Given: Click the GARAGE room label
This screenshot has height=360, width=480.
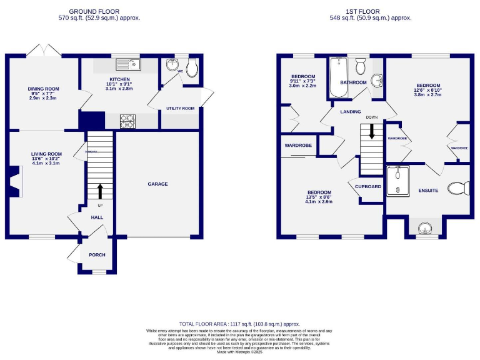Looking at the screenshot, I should click(x=157, y=184).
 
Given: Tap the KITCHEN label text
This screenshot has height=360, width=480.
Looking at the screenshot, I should click(x=119, y=79).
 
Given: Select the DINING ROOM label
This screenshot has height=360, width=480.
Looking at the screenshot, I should click(x=42, y=88).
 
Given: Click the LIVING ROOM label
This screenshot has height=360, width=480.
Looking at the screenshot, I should click(x=47, y=154).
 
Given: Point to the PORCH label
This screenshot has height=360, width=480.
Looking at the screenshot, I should click(x=97, y=255).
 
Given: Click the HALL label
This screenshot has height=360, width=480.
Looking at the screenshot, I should click(x=97, y=217).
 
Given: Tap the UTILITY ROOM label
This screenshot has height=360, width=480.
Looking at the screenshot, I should click(x=180, y=109).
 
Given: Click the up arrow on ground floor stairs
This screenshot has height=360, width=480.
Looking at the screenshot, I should click(x=99, y=190).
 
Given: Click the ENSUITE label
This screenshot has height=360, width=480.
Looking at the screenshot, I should click(x=428, y=190).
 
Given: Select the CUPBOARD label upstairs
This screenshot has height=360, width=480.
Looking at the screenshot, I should click(x=368, y=187).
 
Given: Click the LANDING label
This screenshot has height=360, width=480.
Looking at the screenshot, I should click(x=351, y=112).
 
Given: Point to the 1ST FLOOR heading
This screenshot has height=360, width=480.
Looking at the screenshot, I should click(x=371, y=11).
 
